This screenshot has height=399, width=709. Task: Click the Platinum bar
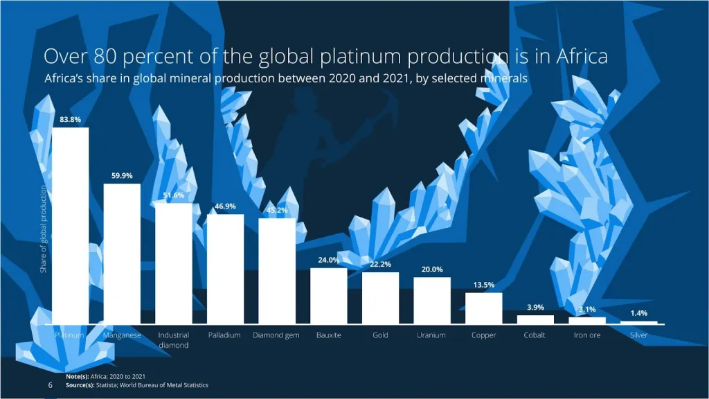pos(71,225)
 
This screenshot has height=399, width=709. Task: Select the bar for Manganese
pos(122,254)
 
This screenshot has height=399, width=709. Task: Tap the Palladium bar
pos(225,269)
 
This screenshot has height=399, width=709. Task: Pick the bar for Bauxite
pos(328,296)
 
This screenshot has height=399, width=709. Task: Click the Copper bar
pos(483,308)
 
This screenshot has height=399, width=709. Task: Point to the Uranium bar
pos(432,300)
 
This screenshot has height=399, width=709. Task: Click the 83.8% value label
pos(71,119)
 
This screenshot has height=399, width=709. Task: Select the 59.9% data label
pos(122,175)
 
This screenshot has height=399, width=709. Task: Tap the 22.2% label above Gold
pos(380,264)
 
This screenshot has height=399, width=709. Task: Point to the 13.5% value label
pos(483,285)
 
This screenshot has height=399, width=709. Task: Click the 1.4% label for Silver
pos(638,313)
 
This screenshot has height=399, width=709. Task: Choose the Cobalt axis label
pos(535,335)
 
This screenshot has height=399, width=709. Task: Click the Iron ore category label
pos(586,335)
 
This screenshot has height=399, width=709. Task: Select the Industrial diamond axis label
pos(173,340)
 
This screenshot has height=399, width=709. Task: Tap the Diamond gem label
pos(276,335)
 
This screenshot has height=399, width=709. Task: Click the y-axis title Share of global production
pos(43,229)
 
